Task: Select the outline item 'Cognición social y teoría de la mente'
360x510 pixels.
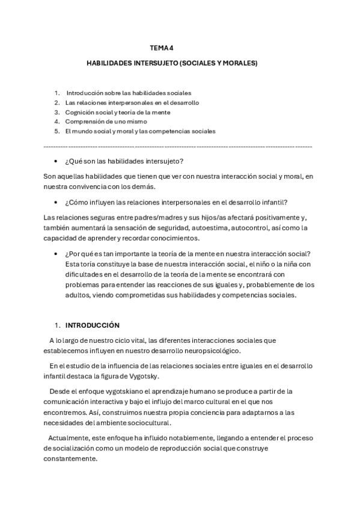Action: coord(118,112)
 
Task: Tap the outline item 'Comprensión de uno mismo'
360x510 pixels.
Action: coord(106,121)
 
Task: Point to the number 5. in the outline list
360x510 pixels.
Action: coord(56,131)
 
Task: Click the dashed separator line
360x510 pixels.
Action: coord(178,147)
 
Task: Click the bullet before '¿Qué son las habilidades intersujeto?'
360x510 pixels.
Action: coord(56,162)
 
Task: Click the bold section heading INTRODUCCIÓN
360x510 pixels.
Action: coord(93,325)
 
